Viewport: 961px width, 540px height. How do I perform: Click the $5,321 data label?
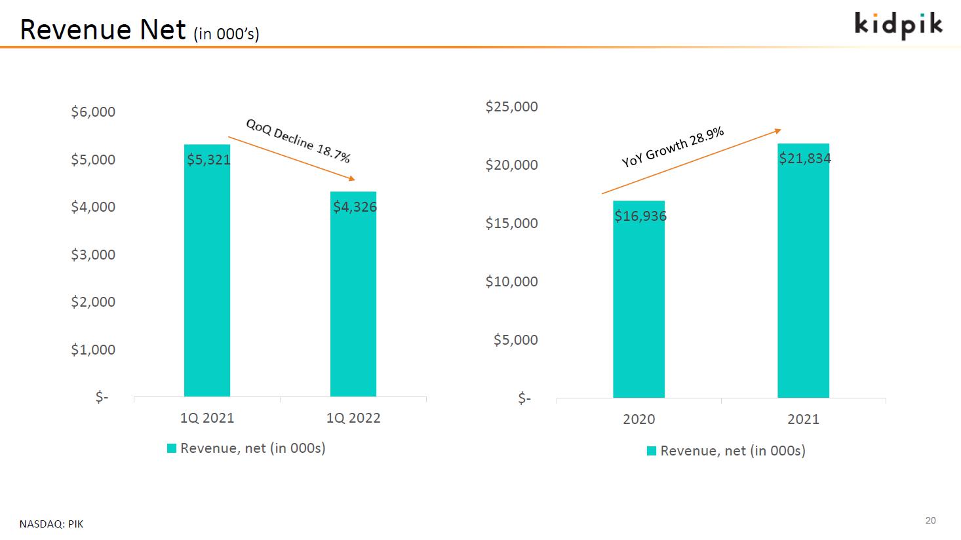[208, 159]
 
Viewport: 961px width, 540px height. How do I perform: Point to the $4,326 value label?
[355, 207]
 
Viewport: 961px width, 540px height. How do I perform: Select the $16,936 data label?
[640, 216]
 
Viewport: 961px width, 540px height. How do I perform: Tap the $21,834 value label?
[805, 158]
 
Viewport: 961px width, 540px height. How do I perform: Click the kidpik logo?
[899, 25]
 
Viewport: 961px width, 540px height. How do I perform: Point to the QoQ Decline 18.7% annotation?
[298, 141]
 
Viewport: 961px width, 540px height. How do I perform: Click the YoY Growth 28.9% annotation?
[673, 147]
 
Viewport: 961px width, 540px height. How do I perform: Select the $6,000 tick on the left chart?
[93, 112]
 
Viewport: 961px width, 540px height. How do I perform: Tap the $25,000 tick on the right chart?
[511, 106]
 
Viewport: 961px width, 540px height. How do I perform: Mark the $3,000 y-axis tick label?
[93, 254]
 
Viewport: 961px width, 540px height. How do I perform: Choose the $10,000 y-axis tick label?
[511, 282]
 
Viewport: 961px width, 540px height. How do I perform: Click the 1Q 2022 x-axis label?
[353, 418]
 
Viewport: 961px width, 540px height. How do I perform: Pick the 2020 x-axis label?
[638, 419]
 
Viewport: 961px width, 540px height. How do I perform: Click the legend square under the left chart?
[172, 448]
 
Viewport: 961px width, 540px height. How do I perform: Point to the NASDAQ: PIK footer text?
[51, 524]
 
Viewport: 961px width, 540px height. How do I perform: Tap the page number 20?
[931, 521]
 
